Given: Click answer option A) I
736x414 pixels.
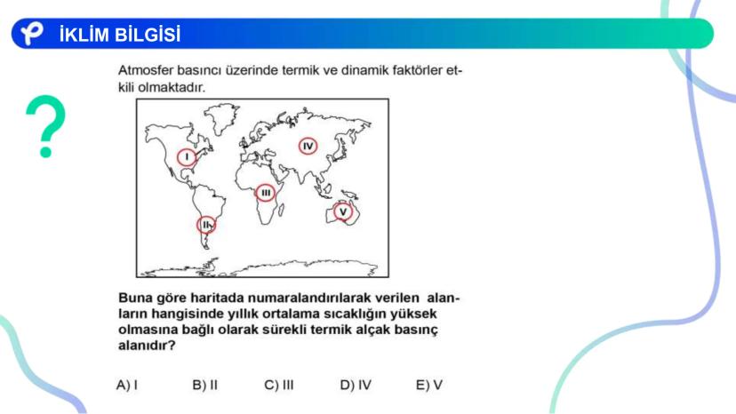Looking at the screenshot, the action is click(x=127, y=385).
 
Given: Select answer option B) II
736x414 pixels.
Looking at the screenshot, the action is click(x=205, y=385).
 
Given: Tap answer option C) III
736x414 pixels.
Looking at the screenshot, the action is click(x=279, y=385).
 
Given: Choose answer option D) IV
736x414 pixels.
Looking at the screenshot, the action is click(x=356, y=385).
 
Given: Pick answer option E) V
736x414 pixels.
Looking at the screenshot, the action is click(x=429, y=385).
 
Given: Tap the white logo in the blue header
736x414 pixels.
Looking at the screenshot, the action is click(x=32, y=33).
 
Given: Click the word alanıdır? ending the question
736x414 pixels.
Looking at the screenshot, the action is click(x=147, y=346).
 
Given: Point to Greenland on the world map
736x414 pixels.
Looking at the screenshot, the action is click(x=221, y=118).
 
